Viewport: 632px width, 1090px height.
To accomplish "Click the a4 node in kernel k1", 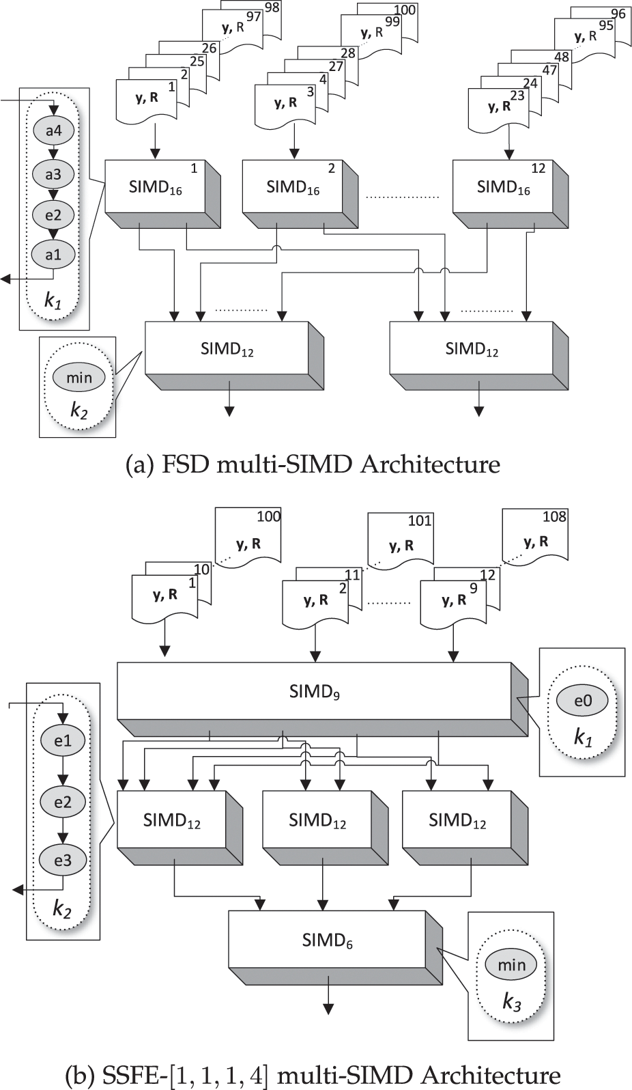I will point(53,130).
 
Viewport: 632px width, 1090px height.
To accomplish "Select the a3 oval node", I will point(53,174).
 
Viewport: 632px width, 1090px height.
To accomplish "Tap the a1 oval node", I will point(53,255).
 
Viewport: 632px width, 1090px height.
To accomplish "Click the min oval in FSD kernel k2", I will point(78,377).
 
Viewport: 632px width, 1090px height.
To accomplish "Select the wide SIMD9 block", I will point(314,690).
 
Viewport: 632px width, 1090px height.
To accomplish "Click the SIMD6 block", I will point(327,940).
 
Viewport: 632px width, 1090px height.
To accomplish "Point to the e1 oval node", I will point(63,740).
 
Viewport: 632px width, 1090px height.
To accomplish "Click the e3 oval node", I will point(63,861).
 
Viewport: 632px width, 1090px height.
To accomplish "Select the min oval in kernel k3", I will point(511,964).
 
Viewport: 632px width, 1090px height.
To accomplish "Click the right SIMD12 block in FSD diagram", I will point(471,349).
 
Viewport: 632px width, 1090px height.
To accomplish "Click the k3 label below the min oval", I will point(511,1002).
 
